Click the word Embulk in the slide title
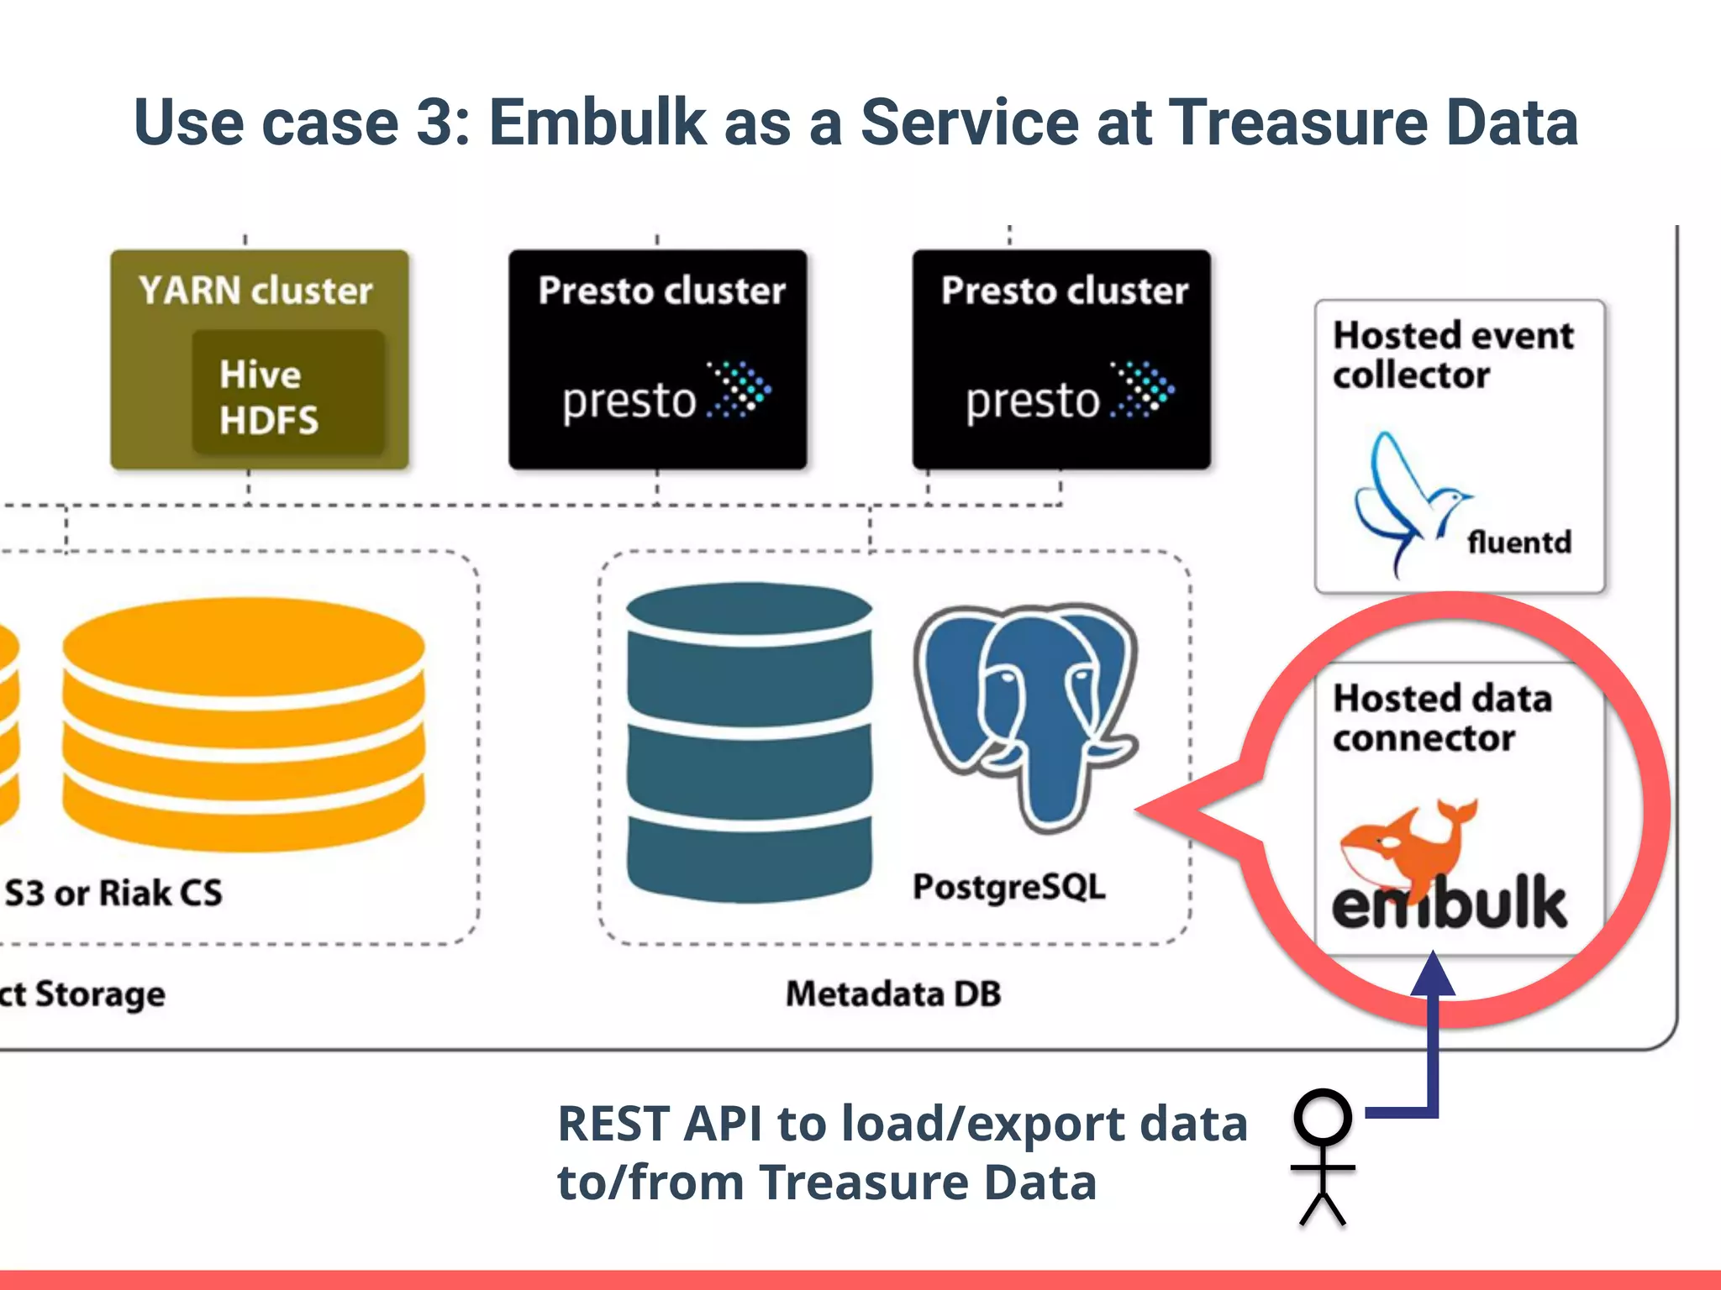[597, 123]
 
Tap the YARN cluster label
[255, 291]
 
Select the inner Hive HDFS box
[288, 393]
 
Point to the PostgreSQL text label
[1009, 887]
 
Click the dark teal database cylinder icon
[750, 743]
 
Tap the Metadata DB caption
[893, 994]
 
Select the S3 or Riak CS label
[113, 893]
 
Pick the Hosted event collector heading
[1452, 354]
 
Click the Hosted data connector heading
[1442, 718]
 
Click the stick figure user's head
[1323, 1118]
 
